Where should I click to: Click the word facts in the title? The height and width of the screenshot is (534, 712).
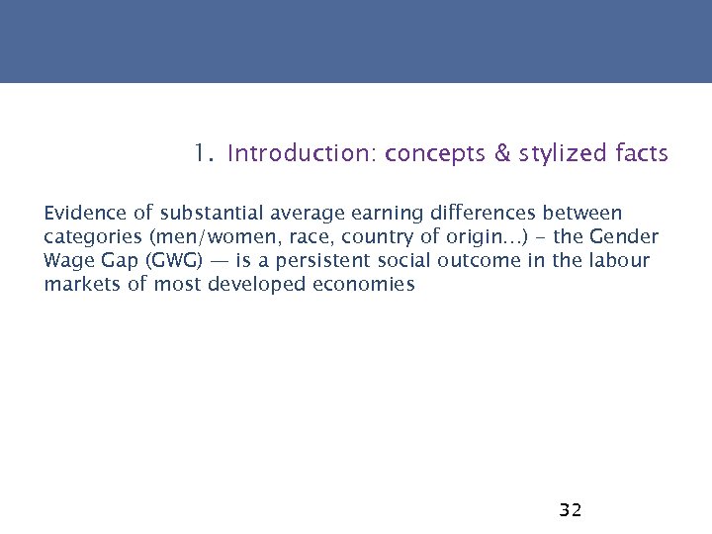pyautogui.click(x=641, y=154)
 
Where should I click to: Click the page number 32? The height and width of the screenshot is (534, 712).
pyautogui.click(x=571, y=510)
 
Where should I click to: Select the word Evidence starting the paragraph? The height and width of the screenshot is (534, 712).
pyautogui.click(x=79, y=214)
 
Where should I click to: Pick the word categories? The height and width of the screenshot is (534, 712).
pyautogui.click(x=86, y=237)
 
